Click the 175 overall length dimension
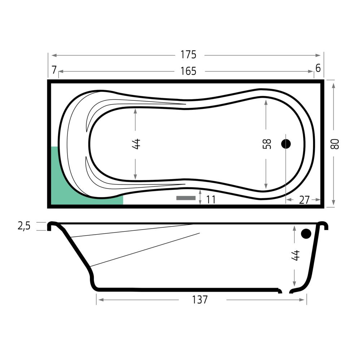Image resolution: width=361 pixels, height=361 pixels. click(x=188, y=55)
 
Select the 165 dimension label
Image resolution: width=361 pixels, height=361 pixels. click(x=188, y=71)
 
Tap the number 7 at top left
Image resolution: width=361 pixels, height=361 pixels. click(x=54, y=70)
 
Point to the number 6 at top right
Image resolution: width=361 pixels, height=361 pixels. click(x=318, y=68)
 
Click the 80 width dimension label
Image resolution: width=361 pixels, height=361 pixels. click(x=335, y=144)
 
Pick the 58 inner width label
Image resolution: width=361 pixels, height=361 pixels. click(x=267, y=144)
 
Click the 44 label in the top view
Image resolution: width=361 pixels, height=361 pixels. click(x=136, y=144)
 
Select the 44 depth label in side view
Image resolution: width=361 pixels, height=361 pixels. click(x=295, y=255)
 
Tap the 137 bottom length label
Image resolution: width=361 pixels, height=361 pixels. click(x=200, y=300)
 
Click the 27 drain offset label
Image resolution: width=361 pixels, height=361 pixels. click(x=304, y=200)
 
